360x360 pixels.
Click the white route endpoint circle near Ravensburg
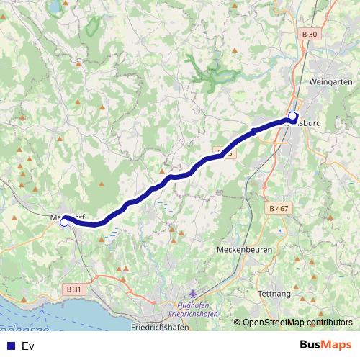(x=292, y=116)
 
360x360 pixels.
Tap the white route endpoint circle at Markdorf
(x=64, y=222)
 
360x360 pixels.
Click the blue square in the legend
(x=10, y=346)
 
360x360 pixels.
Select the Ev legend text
(x=28, y=346)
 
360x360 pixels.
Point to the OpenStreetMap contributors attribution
(x=297, y=322)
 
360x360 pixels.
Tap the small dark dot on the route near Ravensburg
(x=253, y=132)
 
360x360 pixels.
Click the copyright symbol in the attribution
(x=237, y=322)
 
